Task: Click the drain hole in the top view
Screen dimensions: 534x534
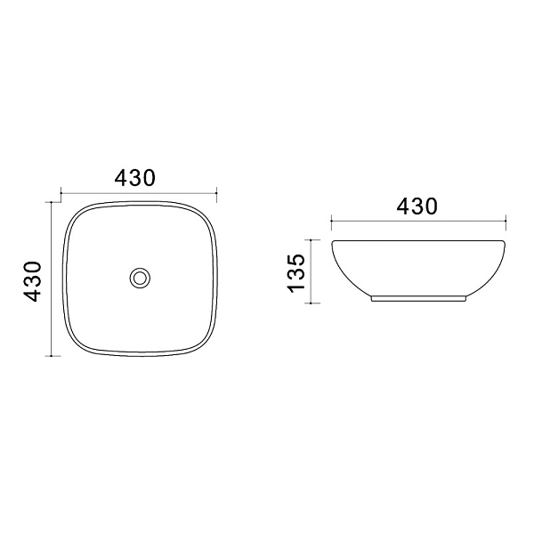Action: (140, 279)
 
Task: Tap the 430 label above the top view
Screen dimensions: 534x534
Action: (135, 178)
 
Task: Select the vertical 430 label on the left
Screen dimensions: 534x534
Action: (33, 281)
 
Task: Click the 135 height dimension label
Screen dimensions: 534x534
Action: (295, 273)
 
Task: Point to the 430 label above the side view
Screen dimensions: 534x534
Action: (417, 206)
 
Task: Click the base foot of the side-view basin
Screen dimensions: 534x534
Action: (418, 299)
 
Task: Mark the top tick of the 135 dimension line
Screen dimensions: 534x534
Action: (311, 239)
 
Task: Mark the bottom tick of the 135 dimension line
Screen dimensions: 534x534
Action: (311, 303)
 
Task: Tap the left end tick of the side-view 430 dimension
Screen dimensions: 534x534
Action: (332, 221)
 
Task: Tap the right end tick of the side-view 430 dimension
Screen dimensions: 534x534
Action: (506, 221)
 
